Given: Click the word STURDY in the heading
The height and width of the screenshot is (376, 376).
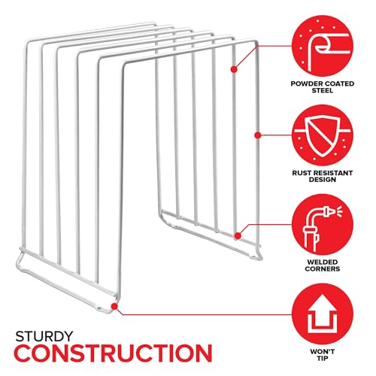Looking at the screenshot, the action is (x=44, y=336).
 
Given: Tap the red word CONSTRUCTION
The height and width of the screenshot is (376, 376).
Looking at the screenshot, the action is (x=113, y=353).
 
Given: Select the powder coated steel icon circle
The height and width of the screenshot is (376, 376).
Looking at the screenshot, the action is (x=323, y=46).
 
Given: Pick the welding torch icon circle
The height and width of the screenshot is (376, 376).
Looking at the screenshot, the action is (x=323, y=225).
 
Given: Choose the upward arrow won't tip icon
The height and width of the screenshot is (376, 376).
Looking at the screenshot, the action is (x=323, y=314).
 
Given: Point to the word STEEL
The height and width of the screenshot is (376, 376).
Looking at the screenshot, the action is (x=323, y=90).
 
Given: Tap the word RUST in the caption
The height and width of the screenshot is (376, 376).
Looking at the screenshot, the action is (x=302, y=173).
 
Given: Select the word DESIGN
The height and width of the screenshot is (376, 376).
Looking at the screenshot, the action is (x=323, y=180).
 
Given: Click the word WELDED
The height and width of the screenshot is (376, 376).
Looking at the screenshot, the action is (x=323, y=262).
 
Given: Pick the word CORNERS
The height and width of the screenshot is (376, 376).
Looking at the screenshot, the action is (x=323, y=268).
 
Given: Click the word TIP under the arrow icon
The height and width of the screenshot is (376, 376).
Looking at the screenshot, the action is (x=323, y=358).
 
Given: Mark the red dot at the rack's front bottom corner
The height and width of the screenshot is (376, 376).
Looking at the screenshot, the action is (x=114, y=306).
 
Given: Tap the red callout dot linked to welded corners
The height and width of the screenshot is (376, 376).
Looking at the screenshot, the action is (x=238, y=236).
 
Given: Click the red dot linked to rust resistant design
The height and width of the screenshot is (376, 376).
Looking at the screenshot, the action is (x=257, y=135).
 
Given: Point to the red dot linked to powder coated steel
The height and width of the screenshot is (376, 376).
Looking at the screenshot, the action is (x=234, y=69).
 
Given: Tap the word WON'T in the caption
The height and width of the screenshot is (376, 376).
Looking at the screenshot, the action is (x=323, y=352).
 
